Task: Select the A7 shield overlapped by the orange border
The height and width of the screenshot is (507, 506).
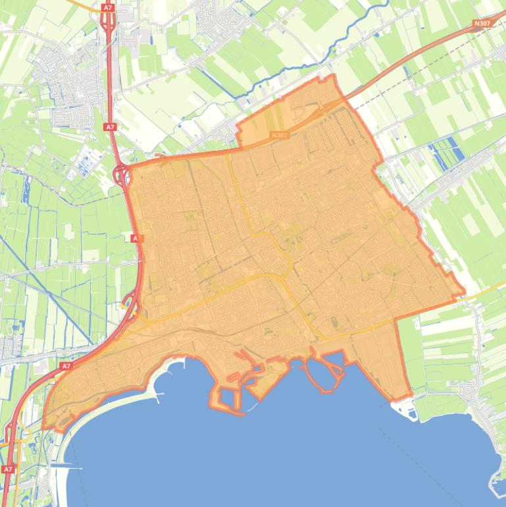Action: click(136, 238)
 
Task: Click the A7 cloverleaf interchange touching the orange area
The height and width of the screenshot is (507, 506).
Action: click(122, 175)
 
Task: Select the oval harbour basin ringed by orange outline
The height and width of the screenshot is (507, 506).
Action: click(324, 372)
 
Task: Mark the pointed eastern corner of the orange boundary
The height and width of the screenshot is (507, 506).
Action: click(464, 292)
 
